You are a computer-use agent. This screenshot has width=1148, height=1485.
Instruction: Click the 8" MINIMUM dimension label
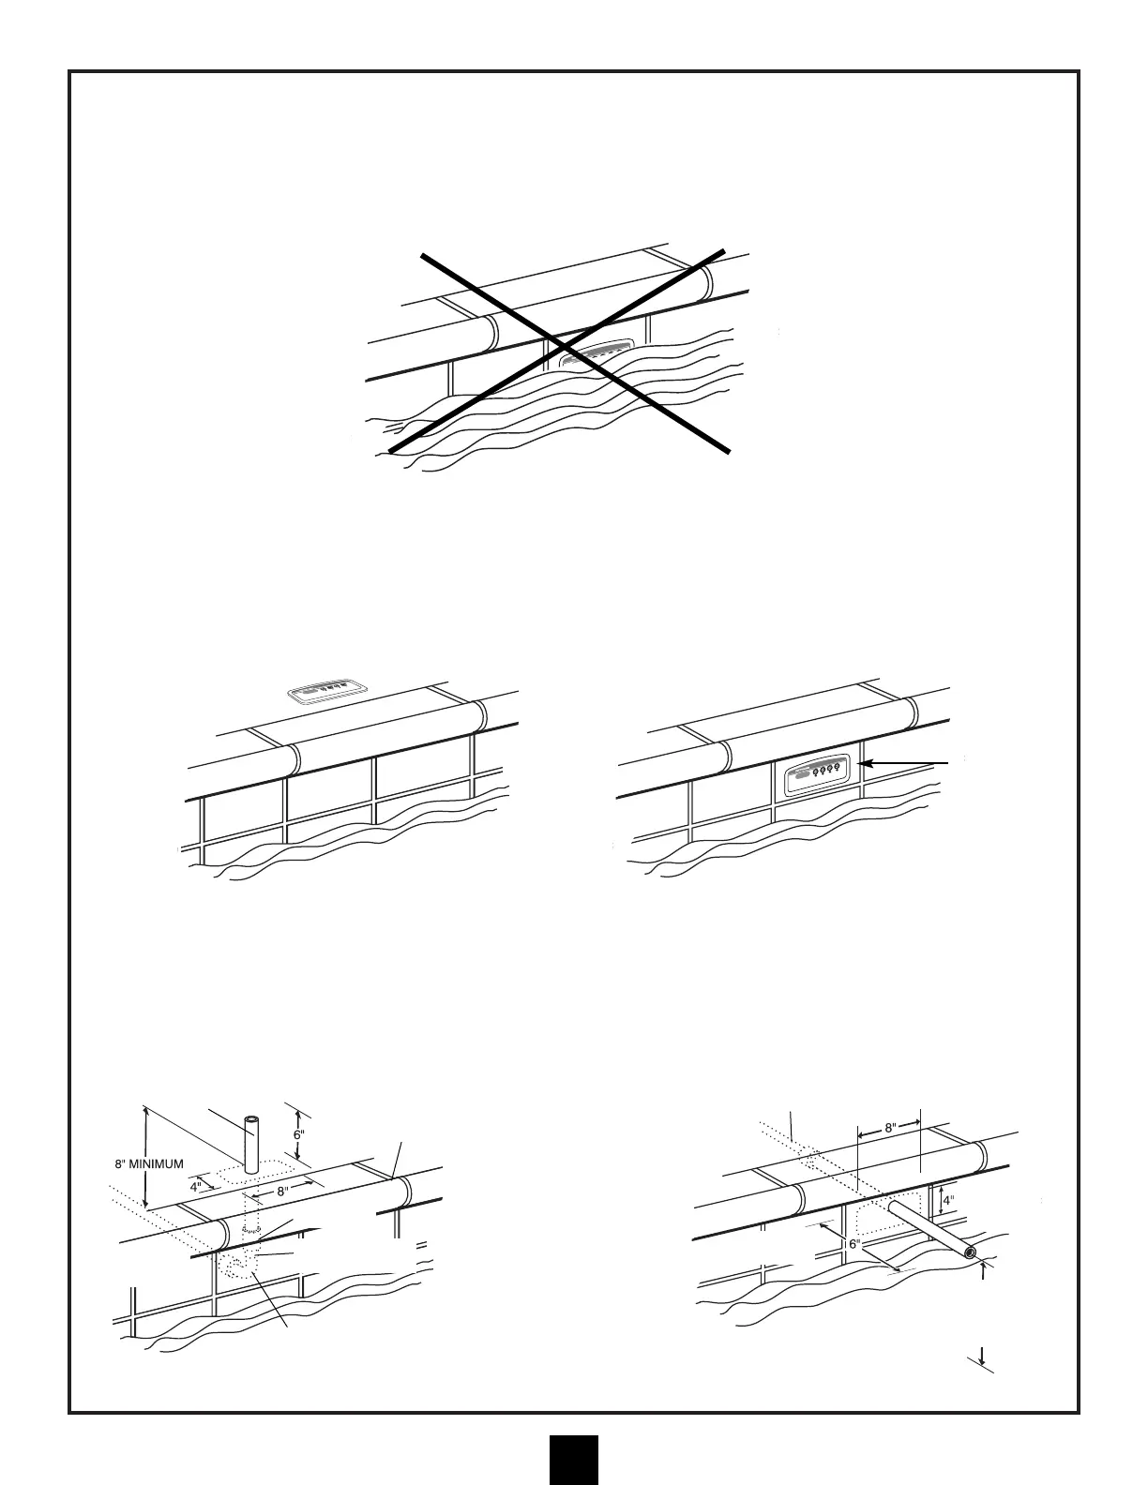tap(156, 1164)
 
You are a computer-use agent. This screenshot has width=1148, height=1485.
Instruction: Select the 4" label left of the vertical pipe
tap(196, 1186)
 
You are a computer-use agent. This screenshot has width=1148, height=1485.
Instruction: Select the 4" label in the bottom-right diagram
tap(949, 1199)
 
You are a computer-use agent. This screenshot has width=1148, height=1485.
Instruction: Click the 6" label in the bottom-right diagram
tap(854, 1244)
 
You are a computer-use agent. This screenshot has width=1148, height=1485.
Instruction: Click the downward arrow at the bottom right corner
tap(981, 1356)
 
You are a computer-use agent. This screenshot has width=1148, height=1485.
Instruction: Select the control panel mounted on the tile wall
tap(815, 774)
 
